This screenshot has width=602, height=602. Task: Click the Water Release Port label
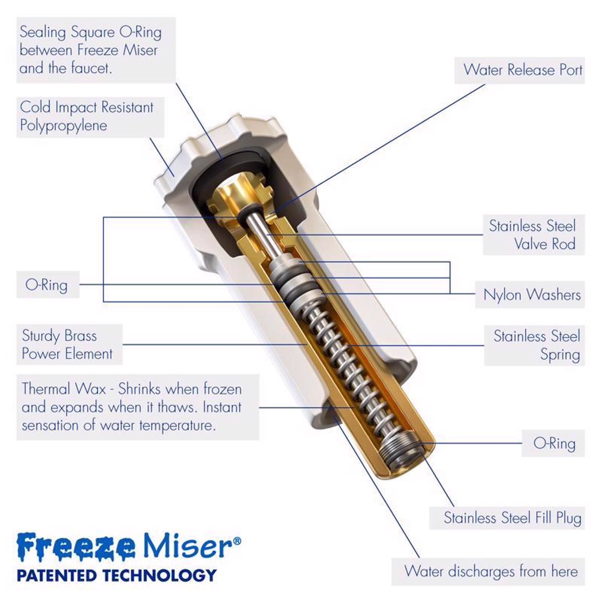(523, 70)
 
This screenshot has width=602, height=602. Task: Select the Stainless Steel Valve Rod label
(532, 235)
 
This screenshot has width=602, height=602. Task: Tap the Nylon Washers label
(532, 295)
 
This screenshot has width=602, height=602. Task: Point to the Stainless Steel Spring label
(537, 345)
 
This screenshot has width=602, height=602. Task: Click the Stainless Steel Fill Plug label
(513, 518)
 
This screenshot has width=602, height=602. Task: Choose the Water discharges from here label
(491, 571)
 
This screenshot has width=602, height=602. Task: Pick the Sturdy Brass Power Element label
(67, 344)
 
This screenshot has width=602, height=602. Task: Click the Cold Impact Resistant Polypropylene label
(87, 116)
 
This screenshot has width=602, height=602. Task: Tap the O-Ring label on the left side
(47, 285)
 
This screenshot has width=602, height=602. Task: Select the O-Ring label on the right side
(554, 443)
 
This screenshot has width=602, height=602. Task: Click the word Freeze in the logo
(76, 546)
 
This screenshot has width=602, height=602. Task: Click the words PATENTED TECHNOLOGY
(116, 575)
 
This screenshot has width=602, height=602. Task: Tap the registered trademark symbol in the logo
(237, 541)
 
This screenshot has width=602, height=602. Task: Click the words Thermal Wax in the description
(64, 388)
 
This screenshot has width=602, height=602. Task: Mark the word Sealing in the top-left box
(43, 33)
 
